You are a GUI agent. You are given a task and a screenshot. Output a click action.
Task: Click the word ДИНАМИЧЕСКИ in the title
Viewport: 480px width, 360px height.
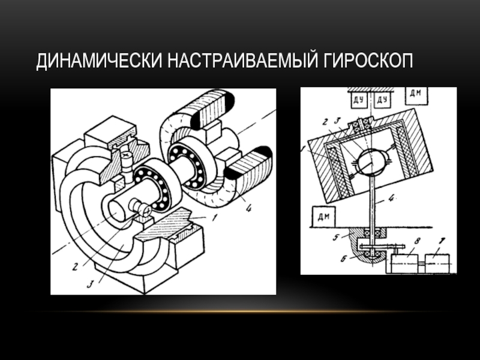pyautogui.click(x=99, y=61)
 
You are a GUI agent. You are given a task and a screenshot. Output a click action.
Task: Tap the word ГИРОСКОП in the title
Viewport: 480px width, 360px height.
pyautogui.click(x=368, y=61)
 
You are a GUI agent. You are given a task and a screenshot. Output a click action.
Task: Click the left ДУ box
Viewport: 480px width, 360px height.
pyautogui.click(x=358, y=100)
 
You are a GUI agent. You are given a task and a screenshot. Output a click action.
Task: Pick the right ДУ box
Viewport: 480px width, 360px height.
pyautogui.click(x=382, y=100)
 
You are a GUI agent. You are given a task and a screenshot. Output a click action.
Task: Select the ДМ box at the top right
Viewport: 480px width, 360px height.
pyautogui.click(x=416, y=95)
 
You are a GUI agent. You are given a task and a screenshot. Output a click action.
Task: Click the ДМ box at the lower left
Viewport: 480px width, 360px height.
pyautogui.click(x=323, y=217)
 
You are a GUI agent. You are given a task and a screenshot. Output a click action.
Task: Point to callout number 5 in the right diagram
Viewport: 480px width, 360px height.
pyautogui.click(x=336, y=237)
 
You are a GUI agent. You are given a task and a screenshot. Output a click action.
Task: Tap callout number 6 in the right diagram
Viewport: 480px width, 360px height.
pyautogui.click(x=343, y=259)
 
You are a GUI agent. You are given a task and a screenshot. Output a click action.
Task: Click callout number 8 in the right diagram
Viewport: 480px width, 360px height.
pyautogui.click(x=416, y=241)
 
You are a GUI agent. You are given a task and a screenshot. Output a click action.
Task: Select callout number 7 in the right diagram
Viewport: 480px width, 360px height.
pyautogui.click(x=442, y=241)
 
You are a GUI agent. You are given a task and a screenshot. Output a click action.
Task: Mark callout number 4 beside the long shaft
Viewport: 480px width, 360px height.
pyautogui.click(x=391, y=198)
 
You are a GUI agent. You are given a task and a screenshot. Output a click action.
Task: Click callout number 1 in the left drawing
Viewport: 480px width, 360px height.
pyautogui.click(x=215, y=217)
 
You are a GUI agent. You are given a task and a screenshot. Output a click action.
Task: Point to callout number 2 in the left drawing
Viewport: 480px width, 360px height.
pyautogui.click(x=74, y=266)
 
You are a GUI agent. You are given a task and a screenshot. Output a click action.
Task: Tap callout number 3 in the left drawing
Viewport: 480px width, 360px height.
pyautogui.click(x=89, y=284)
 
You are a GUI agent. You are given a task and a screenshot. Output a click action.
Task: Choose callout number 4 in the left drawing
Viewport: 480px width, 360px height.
pyautogui.click(x=248, y=208)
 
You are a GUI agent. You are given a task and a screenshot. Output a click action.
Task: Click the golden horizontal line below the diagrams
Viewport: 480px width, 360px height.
pyautogui.click(x=240, y=311)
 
